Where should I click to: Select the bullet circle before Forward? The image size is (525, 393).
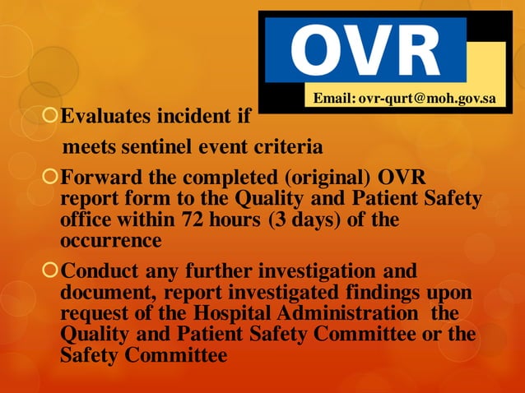coord(52,178)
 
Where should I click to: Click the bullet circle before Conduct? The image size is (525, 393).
coord(52,270)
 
